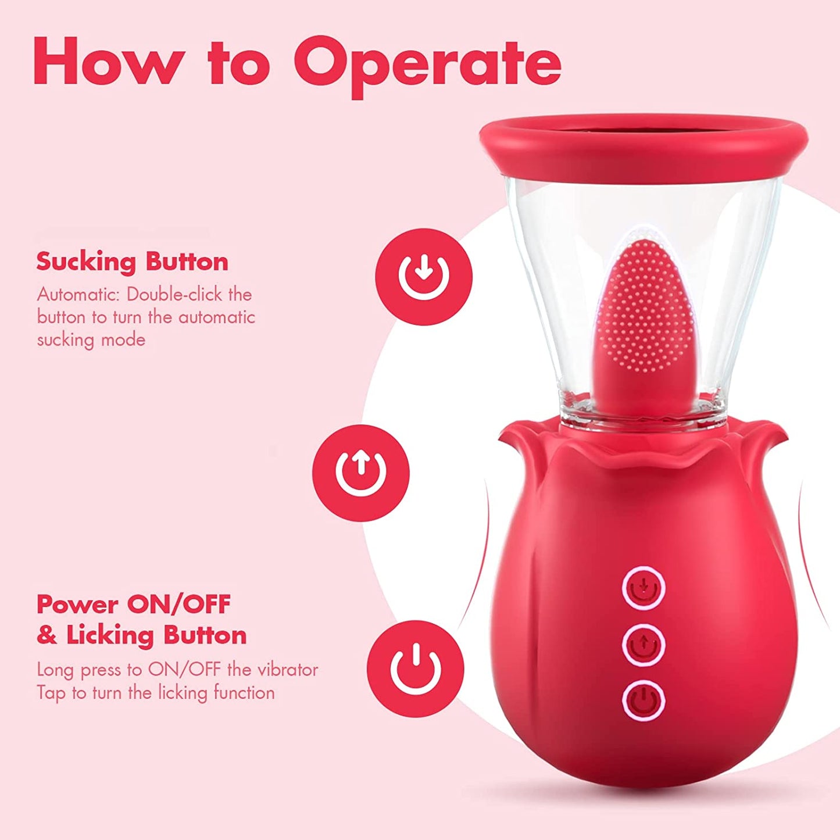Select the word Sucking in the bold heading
click(87, 262)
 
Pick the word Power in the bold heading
click(77, 605)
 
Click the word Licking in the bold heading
click(110, 635)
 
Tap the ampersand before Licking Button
click(47, 635)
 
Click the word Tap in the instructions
click(51, 693)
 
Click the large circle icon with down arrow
click(424, 276)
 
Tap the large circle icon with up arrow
click(361, 473)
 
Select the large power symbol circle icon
click(416, 668)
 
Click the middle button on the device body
click(644, 644)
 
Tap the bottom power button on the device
click(644, 700)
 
